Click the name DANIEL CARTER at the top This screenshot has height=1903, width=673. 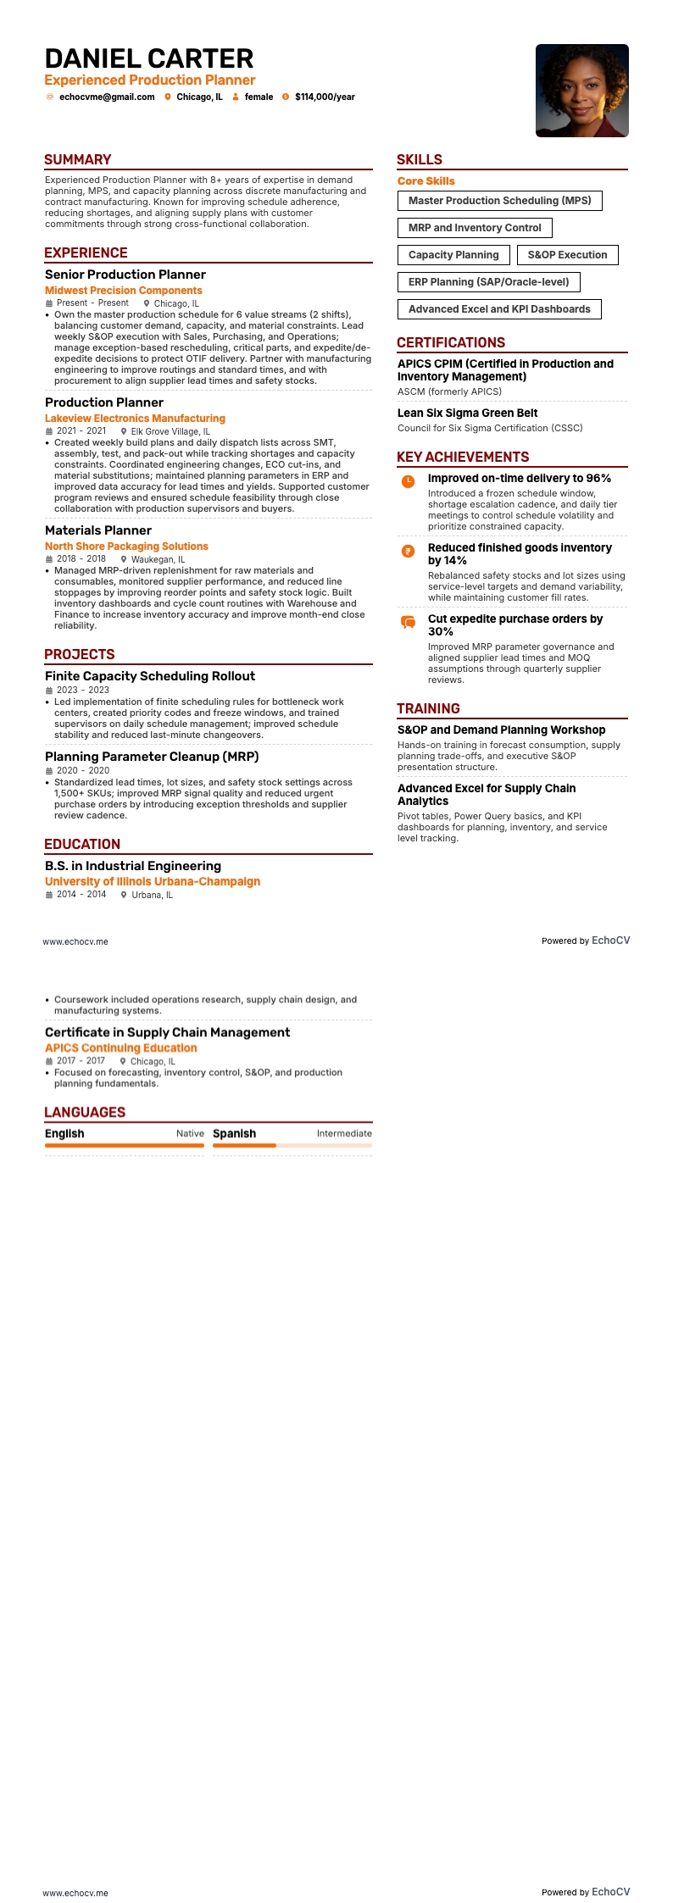tap(149, 58)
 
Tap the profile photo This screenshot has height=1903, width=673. tap(581, 91)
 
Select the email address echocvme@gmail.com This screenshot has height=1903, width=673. tap(107, 97)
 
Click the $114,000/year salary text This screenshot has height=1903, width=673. tap(325, 97)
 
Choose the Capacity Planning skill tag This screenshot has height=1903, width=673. tap(453, 255)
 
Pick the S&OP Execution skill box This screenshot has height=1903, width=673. tap(567, 255)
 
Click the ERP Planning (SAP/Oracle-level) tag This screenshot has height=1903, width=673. tap(488, 282)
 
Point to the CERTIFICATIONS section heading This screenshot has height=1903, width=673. tap(451, 343)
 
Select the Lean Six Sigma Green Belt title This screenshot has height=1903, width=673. tap(468, 413)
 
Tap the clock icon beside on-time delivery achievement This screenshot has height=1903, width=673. tap(408, 481)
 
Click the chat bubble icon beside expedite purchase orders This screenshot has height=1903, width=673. tap(408, 622)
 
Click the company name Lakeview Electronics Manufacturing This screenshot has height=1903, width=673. tap(135, 419)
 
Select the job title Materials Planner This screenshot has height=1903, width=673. tap(98, 530)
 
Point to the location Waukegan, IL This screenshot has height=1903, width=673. tap(158, 559)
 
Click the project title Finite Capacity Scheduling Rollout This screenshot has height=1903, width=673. tap(150, 676)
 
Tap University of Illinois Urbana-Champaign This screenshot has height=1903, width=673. tap(153, 882)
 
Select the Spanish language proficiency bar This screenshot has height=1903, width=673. tap(292, 1146)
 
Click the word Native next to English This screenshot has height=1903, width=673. tap(190, 1134)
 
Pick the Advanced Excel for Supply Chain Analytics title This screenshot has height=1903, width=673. tap(487, 795)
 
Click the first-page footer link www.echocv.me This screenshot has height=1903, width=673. tap(75, 941)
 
